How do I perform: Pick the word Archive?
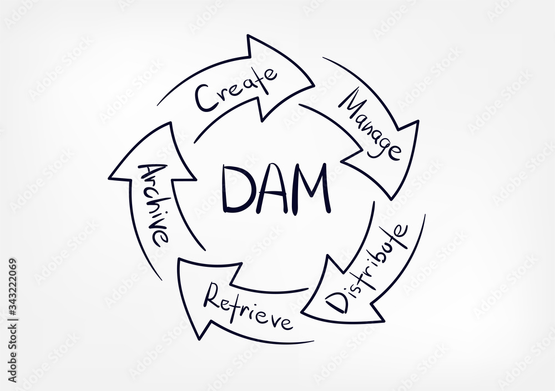(x=153, y=202)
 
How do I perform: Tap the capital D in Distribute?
(x=336, y=302)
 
